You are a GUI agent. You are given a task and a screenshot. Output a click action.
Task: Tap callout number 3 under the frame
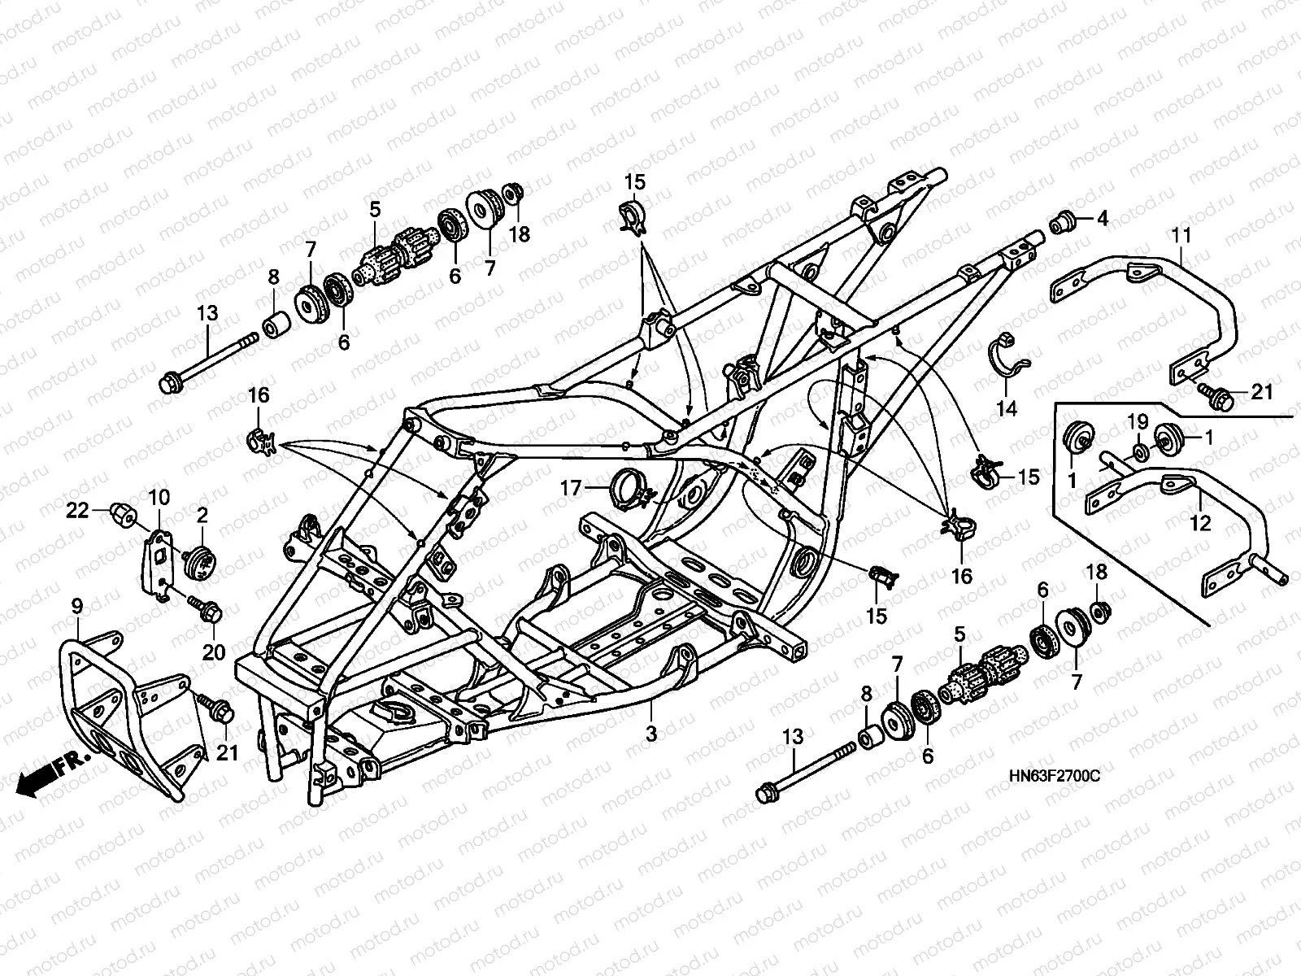650,733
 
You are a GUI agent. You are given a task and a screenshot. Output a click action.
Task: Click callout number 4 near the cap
1102,219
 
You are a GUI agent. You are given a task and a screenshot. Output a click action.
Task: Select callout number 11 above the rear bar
1181,236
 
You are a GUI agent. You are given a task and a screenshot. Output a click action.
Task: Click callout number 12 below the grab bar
1200,524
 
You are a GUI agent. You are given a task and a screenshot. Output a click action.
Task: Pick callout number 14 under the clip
1007,408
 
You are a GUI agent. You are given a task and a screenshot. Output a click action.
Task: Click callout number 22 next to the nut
76,510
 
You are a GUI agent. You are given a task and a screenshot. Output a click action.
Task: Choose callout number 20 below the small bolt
213,651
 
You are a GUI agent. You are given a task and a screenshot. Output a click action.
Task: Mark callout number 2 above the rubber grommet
202,514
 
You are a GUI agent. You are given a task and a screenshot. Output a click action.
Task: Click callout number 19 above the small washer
1137,421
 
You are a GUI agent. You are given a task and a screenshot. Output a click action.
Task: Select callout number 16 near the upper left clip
259,396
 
